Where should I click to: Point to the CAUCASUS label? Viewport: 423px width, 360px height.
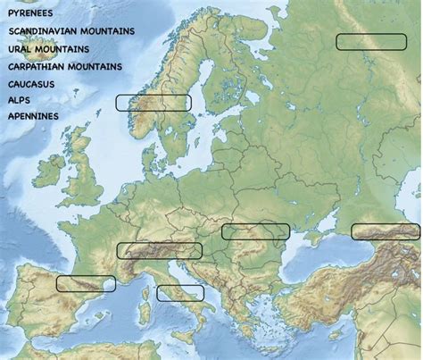(31, 84)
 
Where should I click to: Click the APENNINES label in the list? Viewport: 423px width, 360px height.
(33, 116)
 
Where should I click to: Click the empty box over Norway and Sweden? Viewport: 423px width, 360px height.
(153, 103)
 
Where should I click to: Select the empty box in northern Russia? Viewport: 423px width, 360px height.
(370, 41)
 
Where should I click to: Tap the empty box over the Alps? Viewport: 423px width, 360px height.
(159, 250)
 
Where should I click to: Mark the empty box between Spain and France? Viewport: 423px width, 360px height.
(86, 283)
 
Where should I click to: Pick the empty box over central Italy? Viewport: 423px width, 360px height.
(180, 292)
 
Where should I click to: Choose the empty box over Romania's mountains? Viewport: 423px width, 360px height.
(256, 232)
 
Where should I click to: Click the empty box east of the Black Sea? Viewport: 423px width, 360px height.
(386, 232)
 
